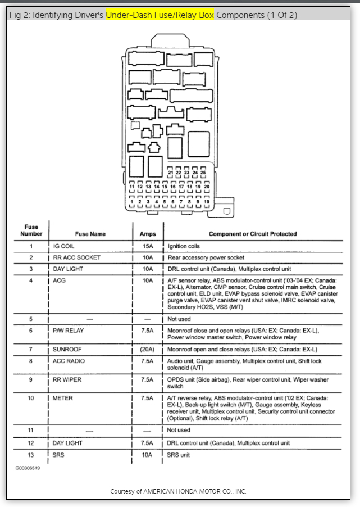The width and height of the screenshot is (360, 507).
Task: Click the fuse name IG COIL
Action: click(65, 246)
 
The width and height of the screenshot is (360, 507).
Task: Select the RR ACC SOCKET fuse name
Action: click(76, 257)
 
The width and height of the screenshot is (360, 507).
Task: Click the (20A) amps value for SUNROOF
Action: click(147, 349)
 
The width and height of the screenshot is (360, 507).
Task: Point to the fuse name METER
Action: click(63, 398)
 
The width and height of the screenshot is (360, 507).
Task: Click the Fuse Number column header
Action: click(31, 230)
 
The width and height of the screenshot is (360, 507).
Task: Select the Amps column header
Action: click(147, 234)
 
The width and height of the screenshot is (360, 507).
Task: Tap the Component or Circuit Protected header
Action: click(253, 234)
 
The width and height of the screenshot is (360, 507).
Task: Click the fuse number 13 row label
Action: click(31, 454)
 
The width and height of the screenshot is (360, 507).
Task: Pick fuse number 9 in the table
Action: click(31, 380)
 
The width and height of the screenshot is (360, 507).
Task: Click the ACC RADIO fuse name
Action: click(69, 361)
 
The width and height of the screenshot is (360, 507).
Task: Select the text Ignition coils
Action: click(184, 246)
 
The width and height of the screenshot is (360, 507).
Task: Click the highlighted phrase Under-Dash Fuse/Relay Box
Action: click(160, 15)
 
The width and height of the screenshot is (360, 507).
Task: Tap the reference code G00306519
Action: click(27, 467)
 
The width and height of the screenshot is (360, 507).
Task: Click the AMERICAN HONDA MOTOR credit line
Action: click(178, 491)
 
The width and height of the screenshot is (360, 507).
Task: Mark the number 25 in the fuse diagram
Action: click(203, 173)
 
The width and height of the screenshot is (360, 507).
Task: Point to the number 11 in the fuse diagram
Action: click(132, 186)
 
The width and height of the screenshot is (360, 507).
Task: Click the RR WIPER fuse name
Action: click(67, 380)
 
